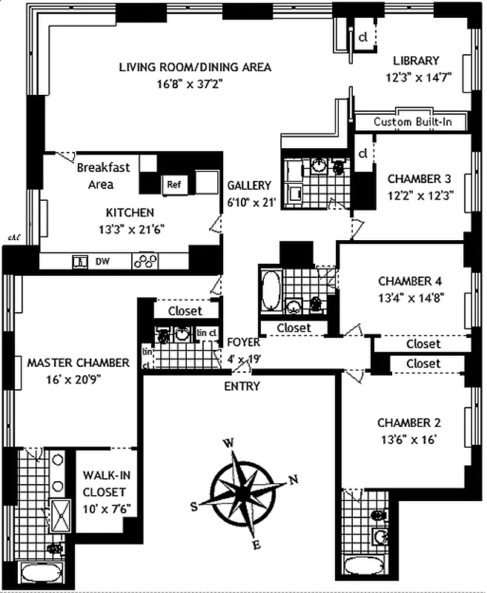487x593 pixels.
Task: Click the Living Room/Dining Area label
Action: tap(195, 67)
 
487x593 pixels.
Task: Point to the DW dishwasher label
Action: tap(101, 261)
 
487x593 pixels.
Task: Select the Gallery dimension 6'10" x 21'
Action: tap(249, 200)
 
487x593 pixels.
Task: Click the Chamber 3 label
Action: tap(419, 179)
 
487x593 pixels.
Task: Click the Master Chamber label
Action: tap(78, 363)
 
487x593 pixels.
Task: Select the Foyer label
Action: tap(243, 342)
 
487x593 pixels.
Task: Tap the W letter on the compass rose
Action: tap(230, 443)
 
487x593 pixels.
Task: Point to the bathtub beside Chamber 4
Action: tap(270, 292)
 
